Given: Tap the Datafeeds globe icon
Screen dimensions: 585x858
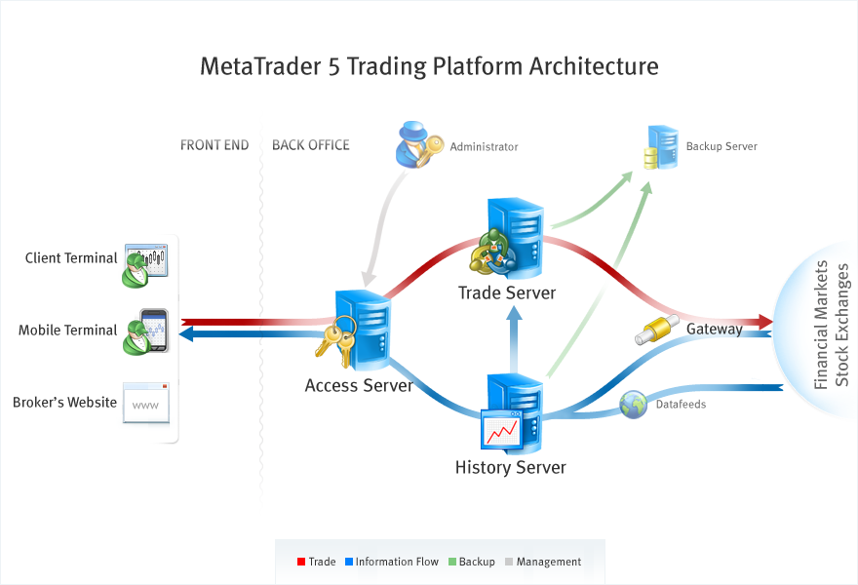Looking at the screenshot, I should point(633,404).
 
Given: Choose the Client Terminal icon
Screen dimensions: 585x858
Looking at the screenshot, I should point(145,263).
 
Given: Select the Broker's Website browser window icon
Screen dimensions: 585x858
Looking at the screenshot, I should point(146,403).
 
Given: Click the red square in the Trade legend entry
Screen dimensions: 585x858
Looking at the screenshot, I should point(301,562).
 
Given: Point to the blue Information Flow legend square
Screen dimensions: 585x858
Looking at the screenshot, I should point(348,562).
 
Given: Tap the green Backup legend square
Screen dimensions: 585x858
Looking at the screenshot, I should point(451,562).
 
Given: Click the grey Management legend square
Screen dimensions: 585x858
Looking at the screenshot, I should point(509,562).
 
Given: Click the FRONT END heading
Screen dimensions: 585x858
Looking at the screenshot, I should point(214,145).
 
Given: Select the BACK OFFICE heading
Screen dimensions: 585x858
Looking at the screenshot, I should point(310,145).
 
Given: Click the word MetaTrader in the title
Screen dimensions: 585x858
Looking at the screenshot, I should point(258,66).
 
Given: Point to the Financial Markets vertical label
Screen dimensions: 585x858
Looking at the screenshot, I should point(821,325).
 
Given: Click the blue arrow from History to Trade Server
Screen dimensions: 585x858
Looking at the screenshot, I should point(512,336).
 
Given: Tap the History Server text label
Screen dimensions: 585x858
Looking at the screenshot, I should point(510,468).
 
